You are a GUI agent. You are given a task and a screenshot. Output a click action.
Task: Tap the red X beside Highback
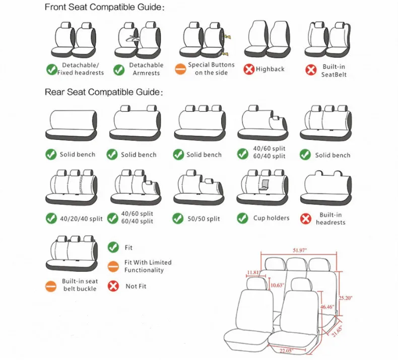pyautogui.click(x=249, y=69)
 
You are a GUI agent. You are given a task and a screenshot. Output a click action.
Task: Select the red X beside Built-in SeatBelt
pyautogui.click(x=311, y=69)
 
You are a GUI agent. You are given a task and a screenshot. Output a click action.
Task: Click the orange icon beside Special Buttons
pyautogui.click(x=180, y=69)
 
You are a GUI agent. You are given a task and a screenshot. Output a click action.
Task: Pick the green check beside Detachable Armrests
pyautogui.click(x=119, y=69)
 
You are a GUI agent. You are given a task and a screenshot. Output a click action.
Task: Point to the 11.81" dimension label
pyautogui.click(x=255, y=273)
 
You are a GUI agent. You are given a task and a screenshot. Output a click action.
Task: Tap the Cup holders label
pyautogui.click(x=271, y=218)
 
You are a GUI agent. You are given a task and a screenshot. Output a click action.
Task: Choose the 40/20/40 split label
pyautogui.click(x=81, y=219)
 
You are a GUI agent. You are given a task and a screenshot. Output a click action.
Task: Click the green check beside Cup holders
pyautogui.click(x=243, y=218)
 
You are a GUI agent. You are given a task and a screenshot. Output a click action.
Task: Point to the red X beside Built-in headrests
pyautogui.click(x=305, y=219)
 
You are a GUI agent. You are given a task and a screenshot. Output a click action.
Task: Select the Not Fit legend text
pyautogui.click(x=135, y=286)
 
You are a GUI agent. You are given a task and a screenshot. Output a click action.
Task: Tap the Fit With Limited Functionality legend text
pyautogui.click(x=148, y=266)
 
